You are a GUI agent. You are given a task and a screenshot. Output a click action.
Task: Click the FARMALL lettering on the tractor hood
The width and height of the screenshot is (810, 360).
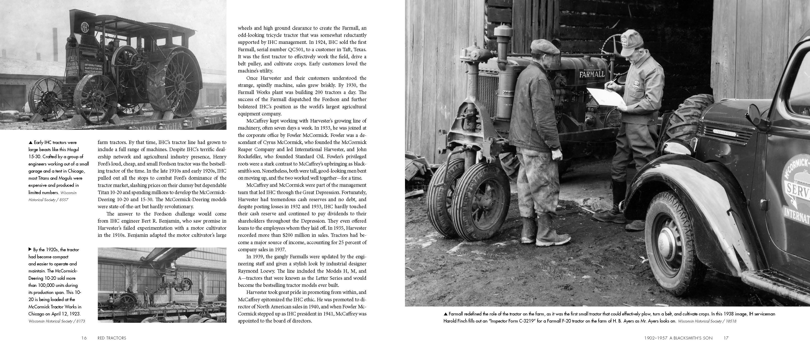(x=592, y=74)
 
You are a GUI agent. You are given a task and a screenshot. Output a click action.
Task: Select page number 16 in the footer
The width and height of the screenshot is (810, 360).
(x=84, y=338)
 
